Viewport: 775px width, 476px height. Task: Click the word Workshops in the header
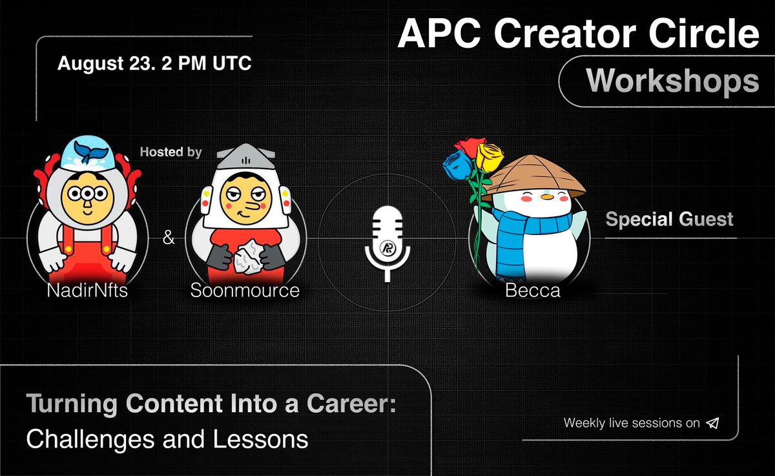(x=672, y=81)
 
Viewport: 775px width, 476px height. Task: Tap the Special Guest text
(x=669, y=220)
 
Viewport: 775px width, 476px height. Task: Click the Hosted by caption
(x=171, y=153)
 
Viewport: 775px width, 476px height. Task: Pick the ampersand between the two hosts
(x=169, y=238)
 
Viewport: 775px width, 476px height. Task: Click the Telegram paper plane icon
(x=712, y=424)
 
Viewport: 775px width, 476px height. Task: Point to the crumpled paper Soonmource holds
(x=246, y=256)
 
